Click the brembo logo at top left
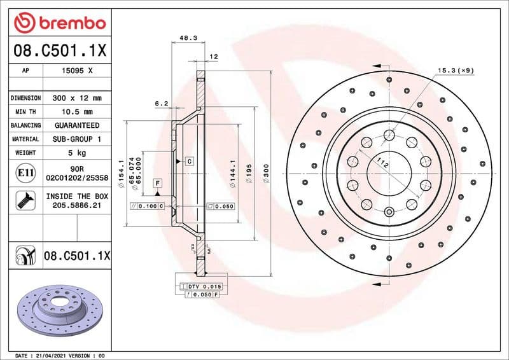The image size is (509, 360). [x=59, y=22]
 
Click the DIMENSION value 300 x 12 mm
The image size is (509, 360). [x=76, y=98]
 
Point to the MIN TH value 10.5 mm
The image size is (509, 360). [x=76, y=112]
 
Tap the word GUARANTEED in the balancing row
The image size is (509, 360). [x=76, y=125]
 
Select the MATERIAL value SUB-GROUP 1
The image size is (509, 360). [x=76, y=139]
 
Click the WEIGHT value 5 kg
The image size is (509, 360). [x=76, y=153]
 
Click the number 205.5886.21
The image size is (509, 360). [x=76, y=206]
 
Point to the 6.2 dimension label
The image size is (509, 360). [x=162, y=102]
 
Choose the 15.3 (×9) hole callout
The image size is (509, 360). [x=454, y=70]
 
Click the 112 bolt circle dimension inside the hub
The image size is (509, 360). [x=382, y=162]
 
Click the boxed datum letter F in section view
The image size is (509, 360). [x=157, y=183]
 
